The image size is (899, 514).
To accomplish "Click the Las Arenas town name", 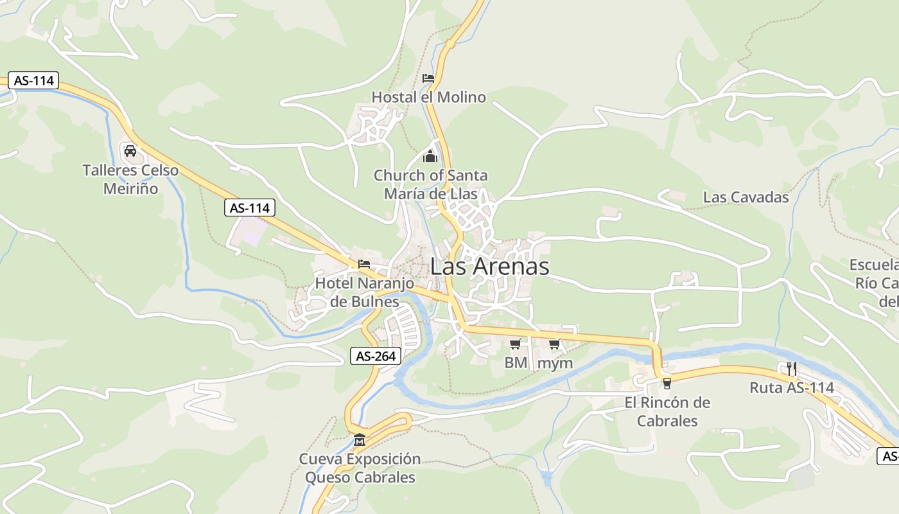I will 489,267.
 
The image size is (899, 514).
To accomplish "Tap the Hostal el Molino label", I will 428,98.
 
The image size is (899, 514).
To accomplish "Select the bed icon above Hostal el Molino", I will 428,78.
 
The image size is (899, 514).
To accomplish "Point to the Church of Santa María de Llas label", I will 430,184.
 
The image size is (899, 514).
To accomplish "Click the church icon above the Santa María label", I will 430,156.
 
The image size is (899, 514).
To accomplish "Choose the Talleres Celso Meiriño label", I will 130,180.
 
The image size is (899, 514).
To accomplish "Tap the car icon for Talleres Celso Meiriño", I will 130,151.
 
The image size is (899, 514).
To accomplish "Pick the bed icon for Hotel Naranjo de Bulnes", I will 364,264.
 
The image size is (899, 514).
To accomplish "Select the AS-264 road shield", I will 376,356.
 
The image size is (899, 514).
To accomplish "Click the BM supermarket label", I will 515,363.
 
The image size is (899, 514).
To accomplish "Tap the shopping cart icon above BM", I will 515,344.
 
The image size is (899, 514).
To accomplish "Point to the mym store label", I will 555,363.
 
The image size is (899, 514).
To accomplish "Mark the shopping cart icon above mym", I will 555,344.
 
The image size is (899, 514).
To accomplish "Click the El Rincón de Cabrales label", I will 667,412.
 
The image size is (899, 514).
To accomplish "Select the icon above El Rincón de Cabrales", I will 667,384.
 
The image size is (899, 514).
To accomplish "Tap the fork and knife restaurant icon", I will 792,369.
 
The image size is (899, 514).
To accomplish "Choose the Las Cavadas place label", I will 746,197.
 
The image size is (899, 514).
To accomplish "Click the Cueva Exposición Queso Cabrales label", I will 360,468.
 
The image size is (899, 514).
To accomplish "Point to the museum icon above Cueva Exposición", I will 360,440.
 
